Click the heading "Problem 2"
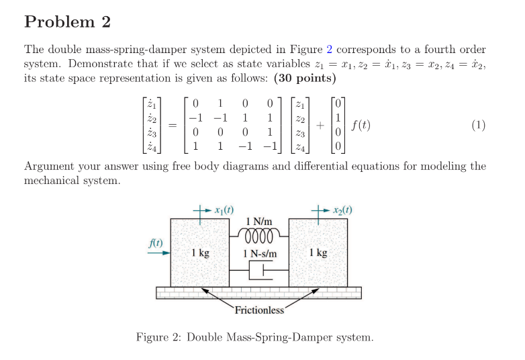coord(67,21)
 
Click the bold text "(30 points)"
coord(304,78)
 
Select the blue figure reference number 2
coord(329,50)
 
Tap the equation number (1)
coord(478,125)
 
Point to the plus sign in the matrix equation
coord(322,126)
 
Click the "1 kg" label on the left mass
coord(199,253)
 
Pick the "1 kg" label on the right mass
coord(318,253)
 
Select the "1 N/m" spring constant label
coord(258,222)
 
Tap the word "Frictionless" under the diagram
coord(259,310)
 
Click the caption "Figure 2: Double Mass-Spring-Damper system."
coord(254,336)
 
